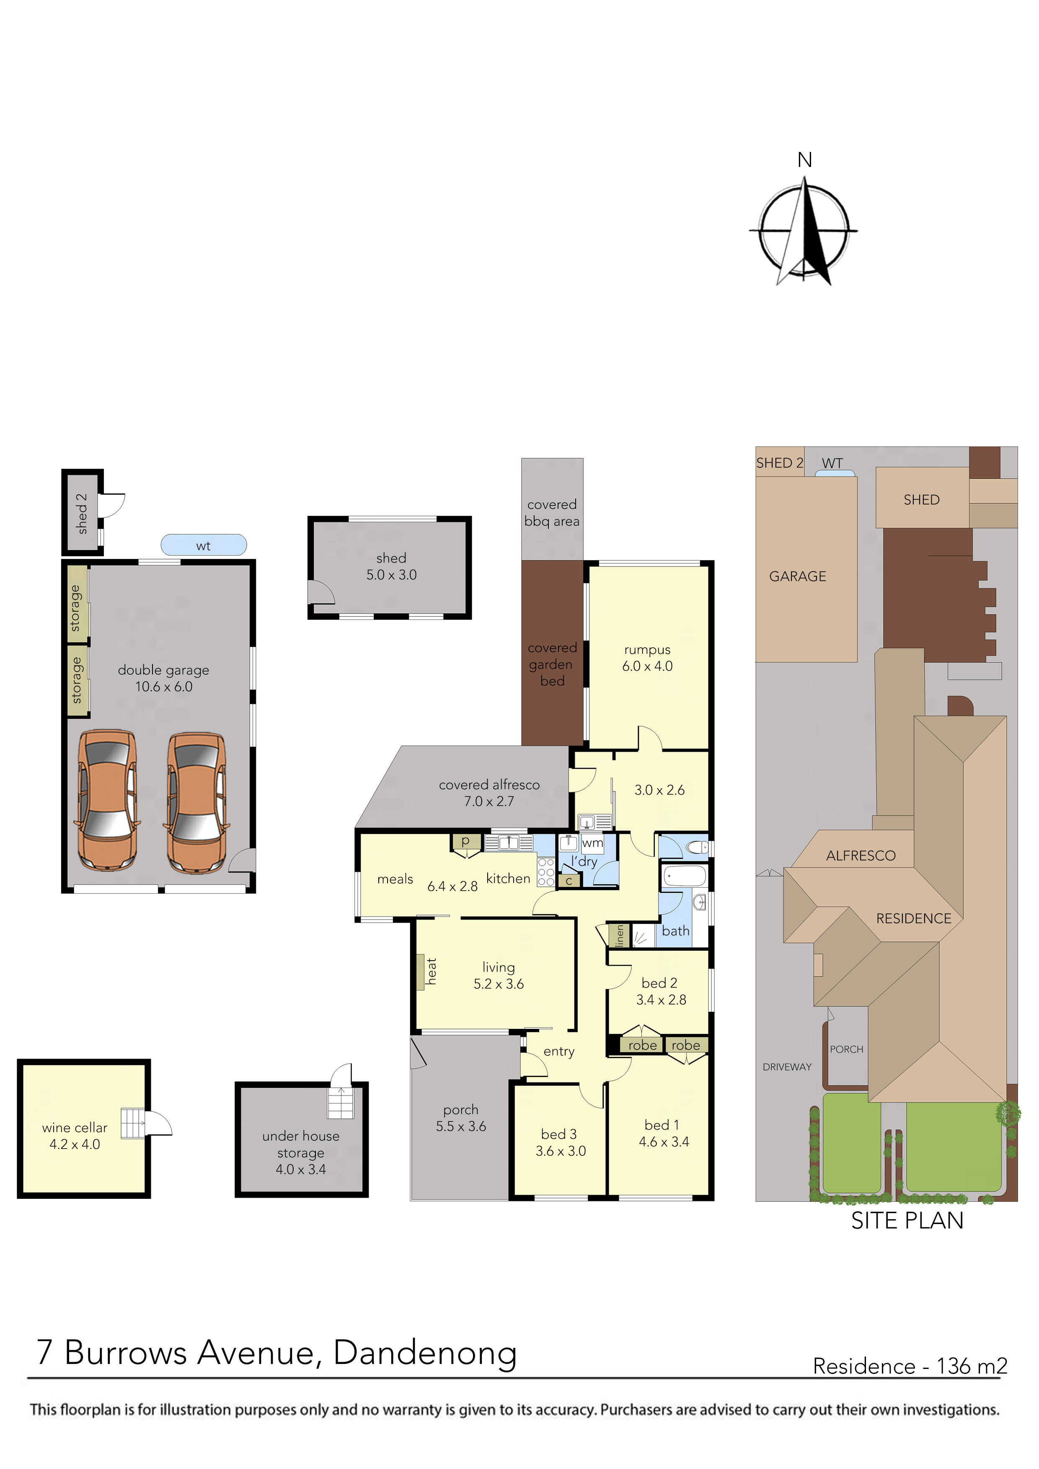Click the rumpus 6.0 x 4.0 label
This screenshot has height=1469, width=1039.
coord(647,658)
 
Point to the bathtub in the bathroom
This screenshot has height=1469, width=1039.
coord(684,876)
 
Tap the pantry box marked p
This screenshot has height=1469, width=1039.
coord(466,841)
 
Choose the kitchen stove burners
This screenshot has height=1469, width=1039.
coord(545,872)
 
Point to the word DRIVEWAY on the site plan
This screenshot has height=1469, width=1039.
coord(787,1067)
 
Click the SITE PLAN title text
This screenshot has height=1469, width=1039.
coord(907,1221)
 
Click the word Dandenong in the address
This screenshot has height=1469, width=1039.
coord(425,1353)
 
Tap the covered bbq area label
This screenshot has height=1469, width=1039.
coord(552,513)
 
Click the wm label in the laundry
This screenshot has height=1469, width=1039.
coord(592,843)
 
